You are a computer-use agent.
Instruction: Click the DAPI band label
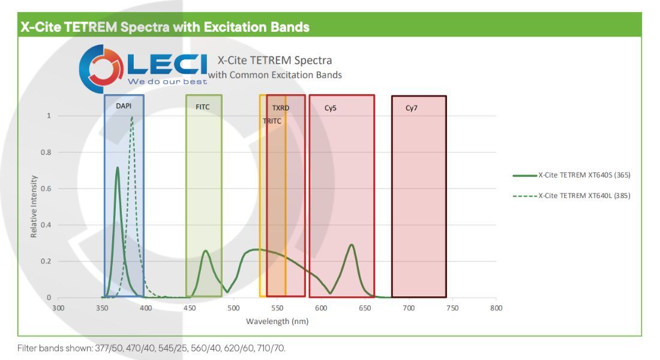click(x=124, y=106)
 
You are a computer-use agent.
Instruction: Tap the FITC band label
click(x=202, y=107)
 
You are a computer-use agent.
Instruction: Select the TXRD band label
click(x=280, y=108)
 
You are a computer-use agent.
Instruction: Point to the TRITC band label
click(x=272, y=121)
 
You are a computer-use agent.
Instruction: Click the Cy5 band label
click(x=331, y=108)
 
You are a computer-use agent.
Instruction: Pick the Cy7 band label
click(x=411, y=108)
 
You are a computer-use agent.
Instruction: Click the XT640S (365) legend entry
click(x=572, y=175)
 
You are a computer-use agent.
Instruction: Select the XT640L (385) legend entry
click(x=572, y=196)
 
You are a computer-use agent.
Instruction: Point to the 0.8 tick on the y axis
click(x=46, y=152)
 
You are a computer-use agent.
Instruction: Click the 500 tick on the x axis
click(x=233, y=308)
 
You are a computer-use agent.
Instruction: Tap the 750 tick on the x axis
click(x=452, y=308)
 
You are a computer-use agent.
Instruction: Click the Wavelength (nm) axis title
click(x=277, y=322)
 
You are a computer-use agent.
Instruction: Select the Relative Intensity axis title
click(x=34, y=206)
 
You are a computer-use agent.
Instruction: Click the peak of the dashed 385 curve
click(x=132, y=117)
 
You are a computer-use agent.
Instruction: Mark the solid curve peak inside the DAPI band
click(x=118, y=167)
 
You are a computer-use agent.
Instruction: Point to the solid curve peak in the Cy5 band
click(x=352, y=245)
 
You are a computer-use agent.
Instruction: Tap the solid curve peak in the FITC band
click(x=205, y=251)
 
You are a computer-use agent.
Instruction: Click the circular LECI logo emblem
click(x=101, y=68)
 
